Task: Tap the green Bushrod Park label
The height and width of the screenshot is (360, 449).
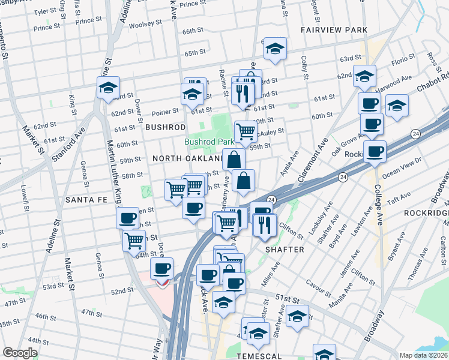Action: [x=209, y=142]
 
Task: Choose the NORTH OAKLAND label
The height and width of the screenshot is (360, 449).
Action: [x=187, y=158]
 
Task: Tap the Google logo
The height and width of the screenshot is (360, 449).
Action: [x=20, y=353]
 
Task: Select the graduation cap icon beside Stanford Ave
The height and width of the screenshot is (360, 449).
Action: [x=109, y=88]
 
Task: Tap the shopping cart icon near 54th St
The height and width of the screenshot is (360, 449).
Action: [x=134, y=241]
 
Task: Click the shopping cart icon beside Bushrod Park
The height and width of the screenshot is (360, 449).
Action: [x=245, y=131]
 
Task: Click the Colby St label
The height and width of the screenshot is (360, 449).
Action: [x=304, y=68]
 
